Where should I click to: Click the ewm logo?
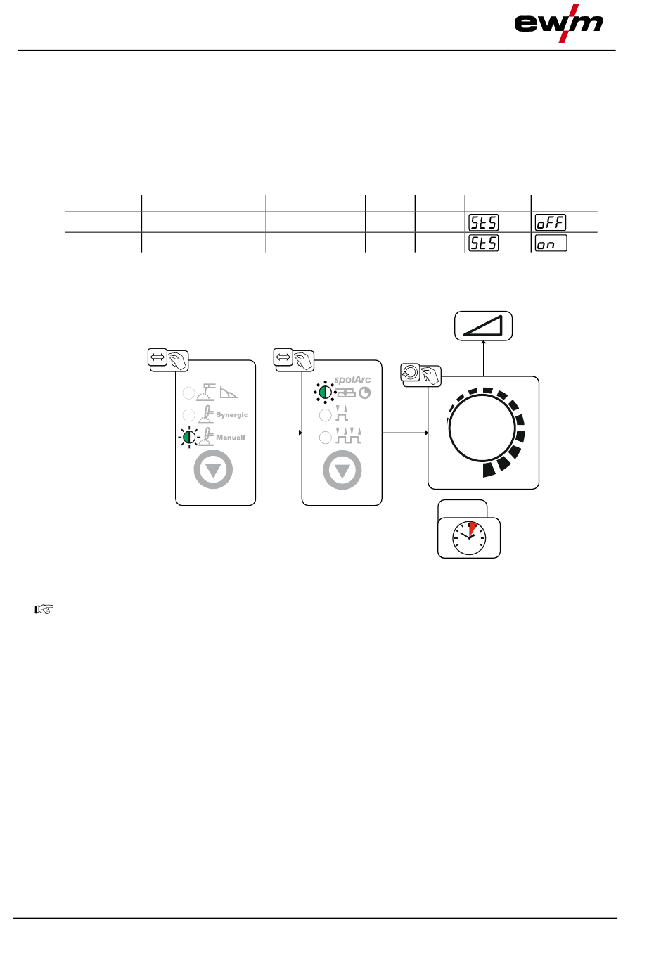click(558, 23)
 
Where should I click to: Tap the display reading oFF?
click(551, 222)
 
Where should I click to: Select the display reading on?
click(551, 243)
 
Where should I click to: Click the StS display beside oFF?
click(483, 222)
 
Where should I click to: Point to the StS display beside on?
click(483, 243)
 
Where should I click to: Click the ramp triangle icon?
click(483, 326)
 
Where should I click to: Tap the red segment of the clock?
click(472, 528)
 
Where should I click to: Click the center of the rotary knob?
click(482, 428)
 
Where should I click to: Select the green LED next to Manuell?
click(189, 437)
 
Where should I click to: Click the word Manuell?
click(231, 437)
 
